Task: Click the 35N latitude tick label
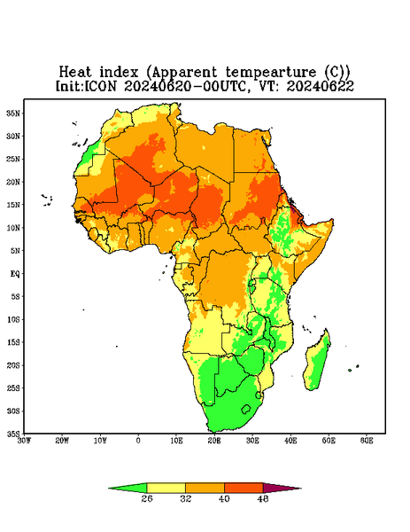pyautogui.click(x=13, y=113)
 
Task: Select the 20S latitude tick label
pyautogui.click(x=13, y=365)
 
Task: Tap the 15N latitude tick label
pyautogui.click(x=13, y=205)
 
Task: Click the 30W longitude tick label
pyautogui.click(x=24, y=441)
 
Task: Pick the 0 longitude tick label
pyautogui.click(x=138, y=441)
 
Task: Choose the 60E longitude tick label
pyautogui.click(x=367, y=441)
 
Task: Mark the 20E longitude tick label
pyautogui.click(x=214, y=441)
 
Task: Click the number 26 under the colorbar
pyautogui.click(x=147, y=498)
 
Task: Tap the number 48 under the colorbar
pyautogui.click(x=263, y=498)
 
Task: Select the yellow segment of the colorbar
pyautogui.click(x=166, y=488)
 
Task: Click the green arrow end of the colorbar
pyautogui.click(x=128, y=488)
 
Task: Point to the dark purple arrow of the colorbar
pyautogui.click(x=282, y=488)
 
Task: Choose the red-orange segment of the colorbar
pyautogui.click(x=244, y=488)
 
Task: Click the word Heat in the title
pyautogui.click(x=75, y=73)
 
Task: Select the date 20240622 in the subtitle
pyautogui.click(x=321, y=86)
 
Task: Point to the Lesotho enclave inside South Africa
pyautogui.click(x=245, y=409)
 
